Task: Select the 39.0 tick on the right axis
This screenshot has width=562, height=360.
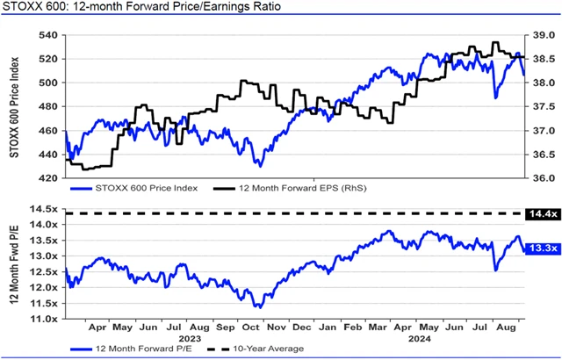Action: [544, 36]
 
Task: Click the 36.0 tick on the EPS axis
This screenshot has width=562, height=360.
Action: [544, 177]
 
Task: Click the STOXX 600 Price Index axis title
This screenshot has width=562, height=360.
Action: [15, 105]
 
